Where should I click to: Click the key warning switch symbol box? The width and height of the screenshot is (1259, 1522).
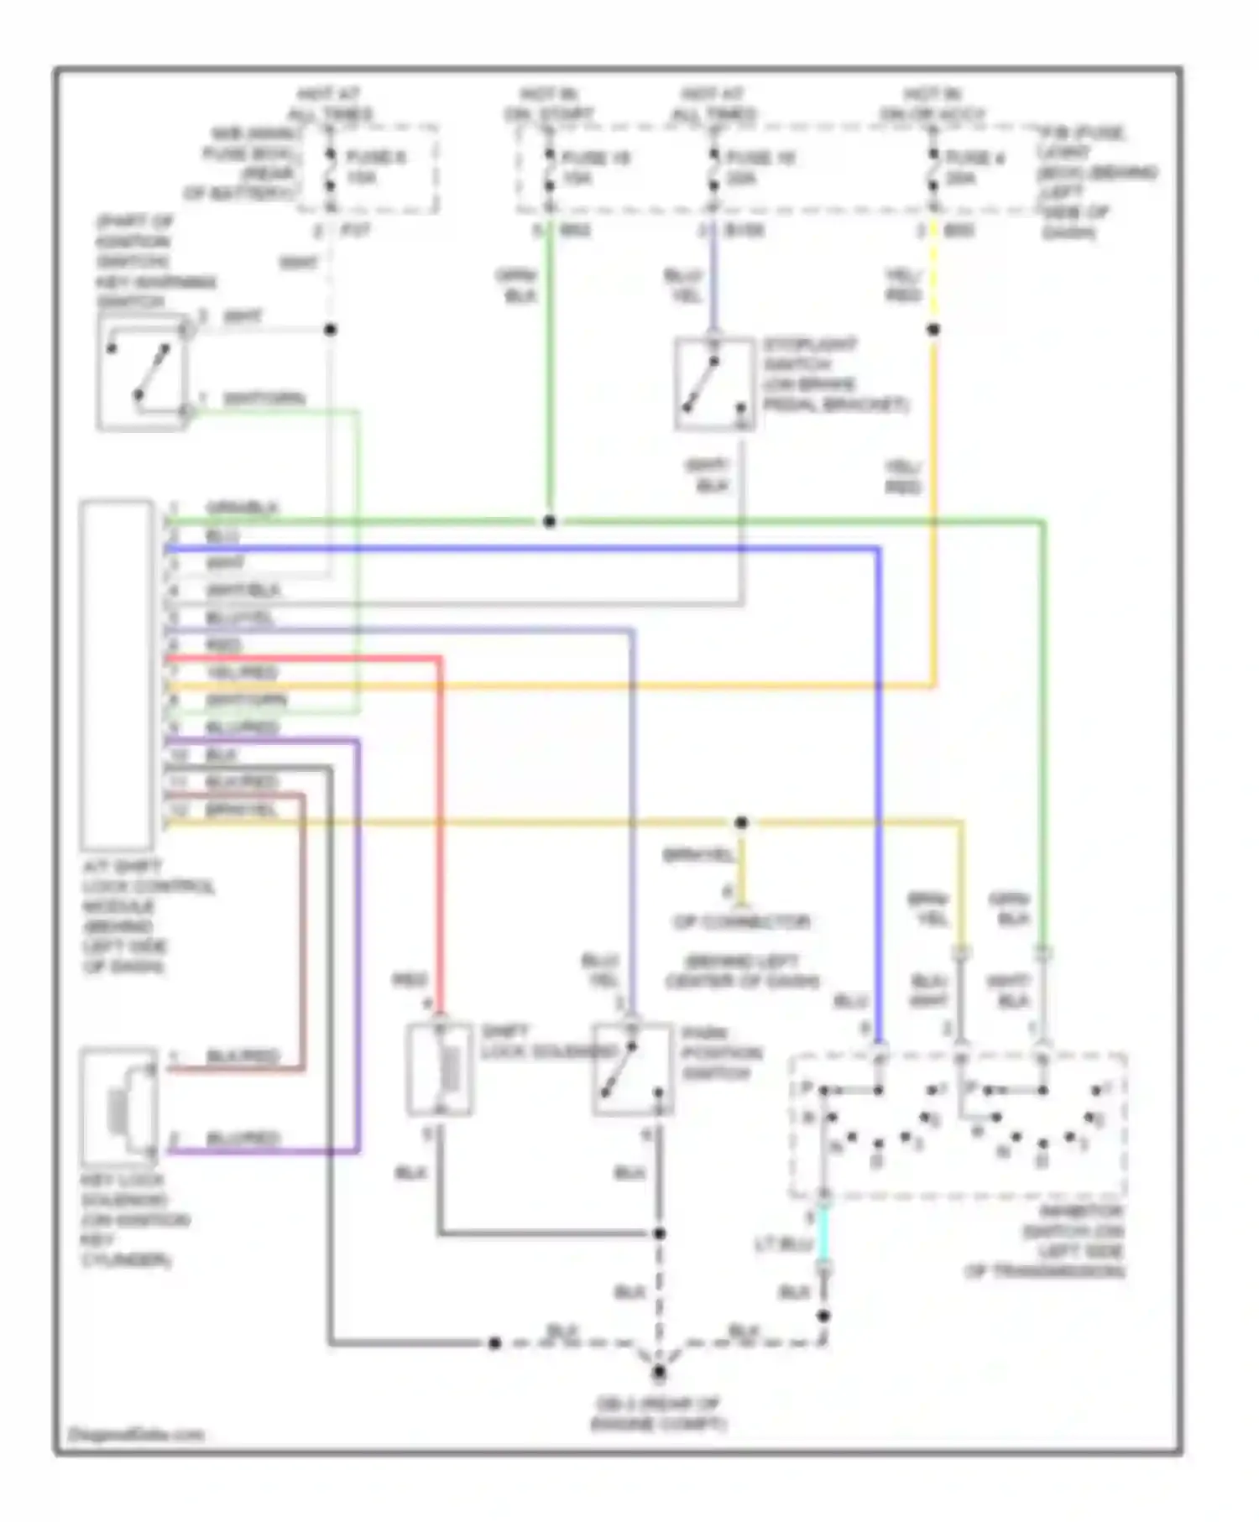141,372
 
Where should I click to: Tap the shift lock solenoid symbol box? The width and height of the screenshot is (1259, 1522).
440,1069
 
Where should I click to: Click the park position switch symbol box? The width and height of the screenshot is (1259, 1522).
633,1070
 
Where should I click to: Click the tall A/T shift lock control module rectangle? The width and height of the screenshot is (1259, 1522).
117,675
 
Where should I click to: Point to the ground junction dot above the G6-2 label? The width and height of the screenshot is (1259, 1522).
659,1373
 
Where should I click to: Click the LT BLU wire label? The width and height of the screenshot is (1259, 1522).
781,1244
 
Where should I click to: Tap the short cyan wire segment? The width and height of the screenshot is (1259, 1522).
823,1233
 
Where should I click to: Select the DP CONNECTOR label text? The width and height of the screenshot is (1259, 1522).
742,922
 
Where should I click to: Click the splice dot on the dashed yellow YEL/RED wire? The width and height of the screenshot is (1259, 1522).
933,330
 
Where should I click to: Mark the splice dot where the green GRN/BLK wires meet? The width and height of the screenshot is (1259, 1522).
549,521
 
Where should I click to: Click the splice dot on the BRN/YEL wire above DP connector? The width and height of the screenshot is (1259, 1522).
741,823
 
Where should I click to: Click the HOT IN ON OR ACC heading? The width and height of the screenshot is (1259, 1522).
932,104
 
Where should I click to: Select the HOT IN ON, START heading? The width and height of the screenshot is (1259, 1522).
549,104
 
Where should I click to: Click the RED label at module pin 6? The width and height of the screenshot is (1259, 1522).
223,645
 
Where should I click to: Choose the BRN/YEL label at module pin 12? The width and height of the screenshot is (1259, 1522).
241,810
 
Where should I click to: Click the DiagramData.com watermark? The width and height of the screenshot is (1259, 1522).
136,1434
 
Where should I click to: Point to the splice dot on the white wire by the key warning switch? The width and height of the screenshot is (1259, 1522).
331,330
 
